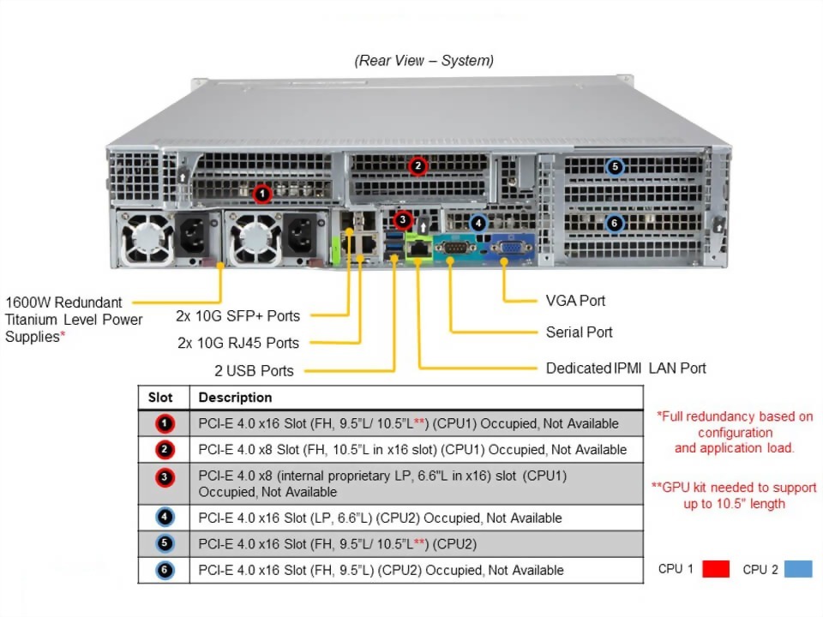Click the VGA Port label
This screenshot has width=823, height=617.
pyautogui.click(x=575, y=301)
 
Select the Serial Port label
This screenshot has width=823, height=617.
pyautogui.click(x=579, y=332)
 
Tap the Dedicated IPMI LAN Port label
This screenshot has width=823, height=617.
pyautogui.click(x=626, y=368)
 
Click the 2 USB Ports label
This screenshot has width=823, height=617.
pyautogui.click(x=254, y=371)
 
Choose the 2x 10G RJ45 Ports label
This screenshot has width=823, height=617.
pyautogui.click(x=237, y=343)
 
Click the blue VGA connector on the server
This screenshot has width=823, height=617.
pyautogui.click(x=510, y=249)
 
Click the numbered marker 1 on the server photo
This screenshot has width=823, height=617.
pyautogui.click(x=263, y=194)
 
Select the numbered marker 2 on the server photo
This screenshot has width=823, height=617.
pyautogui.click(x=418, y=165)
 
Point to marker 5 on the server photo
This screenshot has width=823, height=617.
pyautogui.click(x=614, y=167)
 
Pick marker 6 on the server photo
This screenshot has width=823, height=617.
pyautogui.click(x=614, y=223)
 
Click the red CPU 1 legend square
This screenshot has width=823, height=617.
pyautogui.click(x=716, y=569)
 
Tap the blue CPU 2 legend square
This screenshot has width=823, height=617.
pyautogui.click(x=798, y=569)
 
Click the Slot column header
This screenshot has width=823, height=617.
pyautogui.click(x=160, y=398)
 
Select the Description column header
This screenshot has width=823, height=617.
pyautogui.click(x=235, y=398)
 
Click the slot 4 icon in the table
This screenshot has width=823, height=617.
pyautogui.click(x=165, y=518)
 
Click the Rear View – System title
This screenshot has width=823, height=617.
pyautogui.click(x=424, y=61)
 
